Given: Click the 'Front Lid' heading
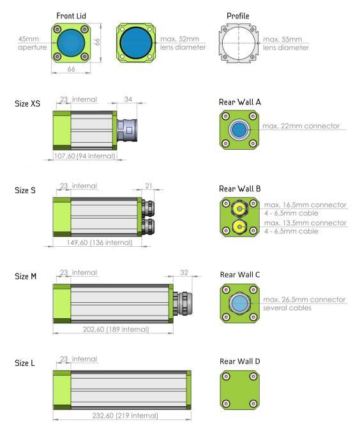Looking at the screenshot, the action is coord(71,16).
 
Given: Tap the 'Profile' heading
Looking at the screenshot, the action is coord(238,16).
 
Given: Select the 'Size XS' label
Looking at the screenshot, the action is coord(27,103).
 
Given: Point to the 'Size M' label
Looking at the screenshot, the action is coord(26,276).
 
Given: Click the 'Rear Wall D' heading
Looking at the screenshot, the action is coord(240,362).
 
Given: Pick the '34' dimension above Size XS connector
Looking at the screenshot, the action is coord(128,99).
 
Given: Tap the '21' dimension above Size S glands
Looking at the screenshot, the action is coord(149,186).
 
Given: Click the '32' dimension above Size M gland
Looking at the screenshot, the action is coord(184,272).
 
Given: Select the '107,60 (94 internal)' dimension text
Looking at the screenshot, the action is coord(85,156).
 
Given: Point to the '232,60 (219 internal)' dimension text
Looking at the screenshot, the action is coord(125,415).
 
